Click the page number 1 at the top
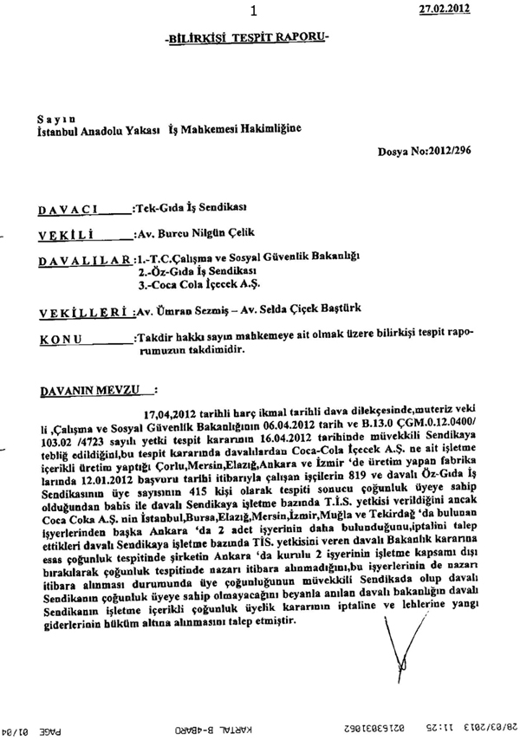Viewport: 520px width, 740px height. (253, 11)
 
